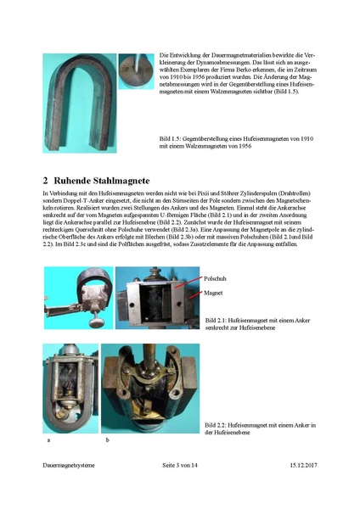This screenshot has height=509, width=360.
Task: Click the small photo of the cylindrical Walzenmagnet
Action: (x=134, y=74)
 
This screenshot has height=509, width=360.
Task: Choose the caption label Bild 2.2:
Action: (x=218, y=423)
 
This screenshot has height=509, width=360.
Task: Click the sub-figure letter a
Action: (x=46, y=441)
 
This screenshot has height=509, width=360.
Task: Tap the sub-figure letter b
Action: (x=106, y=441)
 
